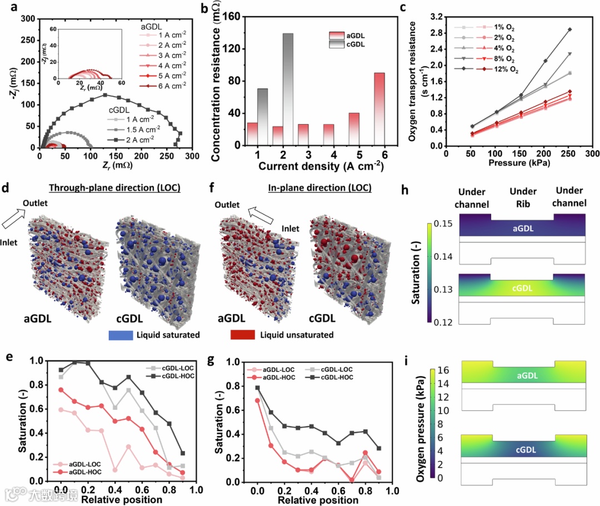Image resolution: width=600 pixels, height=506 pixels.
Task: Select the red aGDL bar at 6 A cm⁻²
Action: coord(379,108)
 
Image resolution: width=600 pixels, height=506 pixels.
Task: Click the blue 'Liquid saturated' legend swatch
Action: coord(126,335)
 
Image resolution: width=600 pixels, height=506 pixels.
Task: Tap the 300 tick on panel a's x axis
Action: coord(192,158)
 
